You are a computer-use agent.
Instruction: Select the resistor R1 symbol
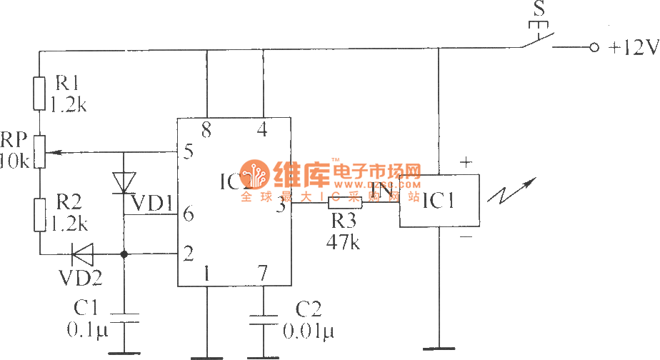tap(39, 93)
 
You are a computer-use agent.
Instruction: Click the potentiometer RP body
tap(39, 151)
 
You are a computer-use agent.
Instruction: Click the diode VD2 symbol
tap(84, 253)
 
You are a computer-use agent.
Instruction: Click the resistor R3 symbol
tap(345, 204)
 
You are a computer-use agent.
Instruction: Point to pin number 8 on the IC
tap(207, 131)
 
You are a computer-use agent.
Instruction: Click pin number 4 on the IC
tap(264, 131)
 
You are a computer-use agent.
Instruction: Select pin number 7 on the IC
tap(263, 272)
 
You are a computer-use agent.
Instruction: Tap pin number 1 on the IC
tap(207, 272)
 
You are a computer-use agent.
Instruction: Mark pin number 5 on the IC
tap(189, 151)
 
